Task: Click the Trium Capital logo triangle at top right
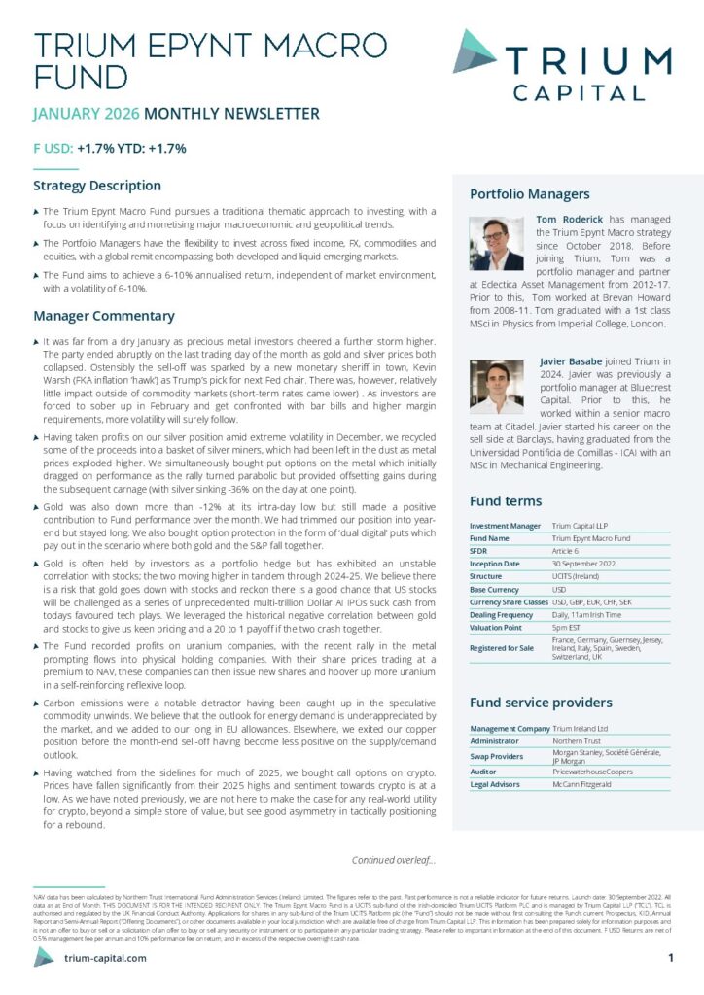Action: click(474, 51)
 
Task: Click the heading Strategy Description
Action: click(97, 186)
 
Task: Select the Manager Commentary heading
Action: click(104, 316)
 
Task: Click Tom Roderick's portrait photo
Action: click(496, 243)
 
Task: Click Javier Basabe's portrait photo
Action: click(496, 387)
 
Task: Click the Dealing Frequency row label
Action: click(505, 614)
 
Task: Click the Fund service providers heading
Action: click(541, 703)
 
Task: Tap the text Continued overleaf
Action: click(393, 859)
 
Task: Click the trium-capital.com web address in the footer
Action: click(104, 958)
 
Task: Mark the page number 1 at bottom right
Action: click(671, 958)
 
